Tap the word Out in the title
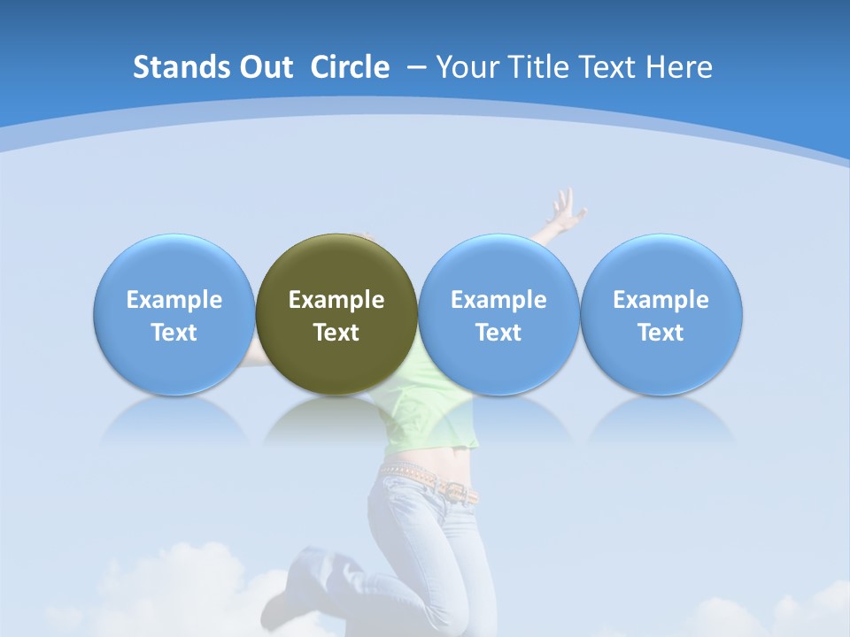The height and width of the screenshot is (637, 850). (265, 67)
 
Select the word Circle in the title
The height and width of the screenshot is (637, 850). (350, 67)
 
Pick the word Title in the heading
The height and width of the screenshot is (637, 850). (531, 67)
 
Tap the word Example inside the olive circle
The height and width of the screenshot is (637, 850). (336, 300)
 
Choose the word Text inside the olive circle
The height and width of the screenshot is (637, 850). (336, 333)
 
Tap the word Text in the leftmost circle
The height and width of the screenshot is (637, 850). (174, 333)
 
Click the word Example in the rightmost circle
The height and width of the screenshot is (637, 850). (661, 300)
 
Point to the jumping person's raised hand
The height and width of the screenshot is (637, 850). (565, 209)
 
